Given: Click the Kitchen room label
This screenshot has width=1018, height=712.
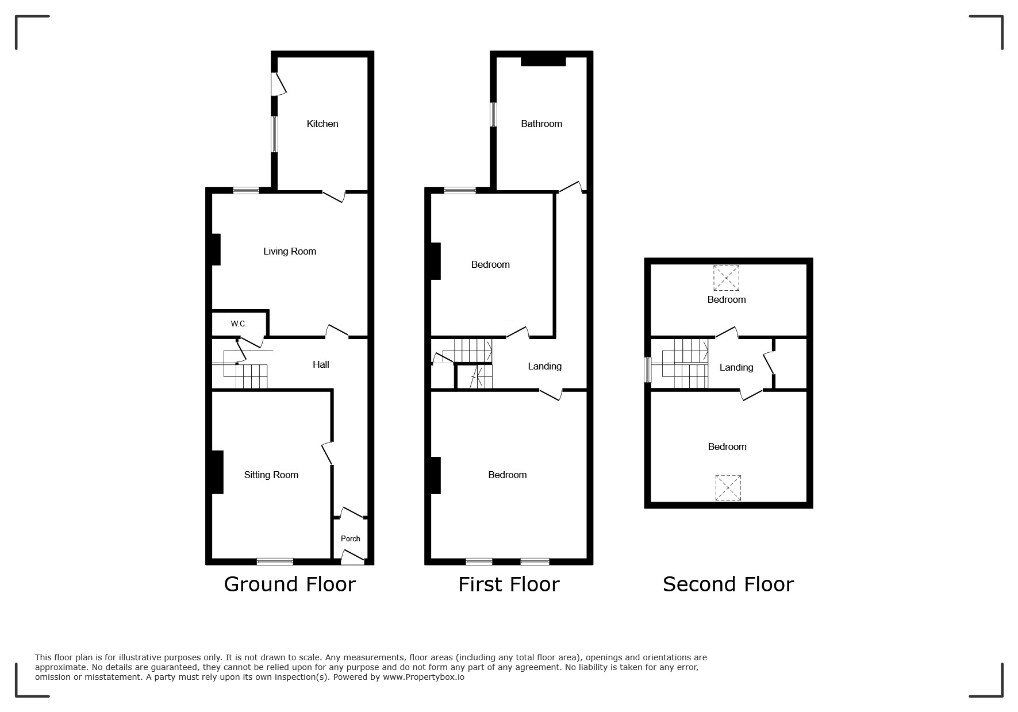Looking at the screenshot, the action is pyautogui.click(x=322, y=124).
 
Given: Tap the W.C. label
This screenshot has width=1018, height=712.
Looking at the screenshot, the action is pyautogui.click(x=239, y=324).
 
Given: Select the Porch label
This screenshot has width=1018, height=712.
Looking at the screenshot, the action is pyautogui.click(x=351, y=538).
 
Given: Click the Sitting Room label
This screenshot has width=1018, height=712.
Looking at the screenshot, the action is pyautogui.click(x=271, y=475).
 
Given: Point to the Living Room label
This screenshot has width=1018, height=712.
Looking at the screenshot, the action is pyautogui.click(x=290, y=251).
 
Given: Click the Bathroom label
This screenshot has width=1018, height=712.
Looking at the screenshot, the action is pyautogui.click(x=541, y=124).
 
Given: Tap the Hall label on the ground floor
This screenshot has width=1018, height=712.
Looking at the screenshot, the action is pyautogui.click(x=321, y=364).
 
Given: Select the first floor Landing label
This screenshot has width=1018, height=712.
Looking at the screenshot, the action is pyautogui.click(x=545, y=366).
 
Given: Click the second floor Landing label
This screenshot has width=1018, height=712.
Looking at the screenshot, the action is pyautogui.click(x=736, y=367).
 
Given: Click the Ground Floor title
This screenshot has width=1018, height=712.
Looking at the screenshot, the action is pyautogui.click(x=290, y=584).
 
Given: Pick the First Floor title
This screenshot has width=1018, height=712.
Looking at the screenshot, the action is pyautogui.click(x=509, y=584).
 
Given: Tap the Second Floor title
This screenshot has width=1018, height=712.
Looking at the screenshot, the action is pyautogui.click(x=728, y=584).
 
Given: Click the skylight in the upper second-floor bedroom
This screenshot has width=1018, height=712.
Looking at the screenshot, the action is pyautogui.click(x=727, y=278).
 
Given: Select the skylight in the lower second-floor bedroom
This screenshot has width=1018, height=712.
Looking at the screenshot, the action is pyautogui.click(x=728, y=488).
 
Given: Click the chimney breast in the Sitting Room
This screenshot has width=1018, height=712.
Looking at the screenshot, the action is pyautogui.click(x=217, y=472).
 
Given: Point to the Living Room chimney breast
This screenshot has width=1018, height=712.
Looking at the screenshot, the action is pyautogui.click(x=216, y=249).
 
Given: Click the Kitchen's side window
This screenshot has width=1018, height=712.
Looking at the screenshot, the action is pyautogui.click(x=275, y=134).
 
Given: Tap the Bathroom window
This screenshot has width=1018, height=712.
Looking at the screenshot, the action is pyautogui.click(x=493, y=114).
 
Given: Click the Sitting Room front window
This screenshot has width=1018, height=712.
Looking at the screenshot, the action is pyautogui.click(x=275, y=561).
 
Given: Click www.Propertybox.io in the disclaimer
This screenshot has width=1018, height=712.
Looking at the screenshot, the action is pyautogui.click(x=424, y=677).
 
